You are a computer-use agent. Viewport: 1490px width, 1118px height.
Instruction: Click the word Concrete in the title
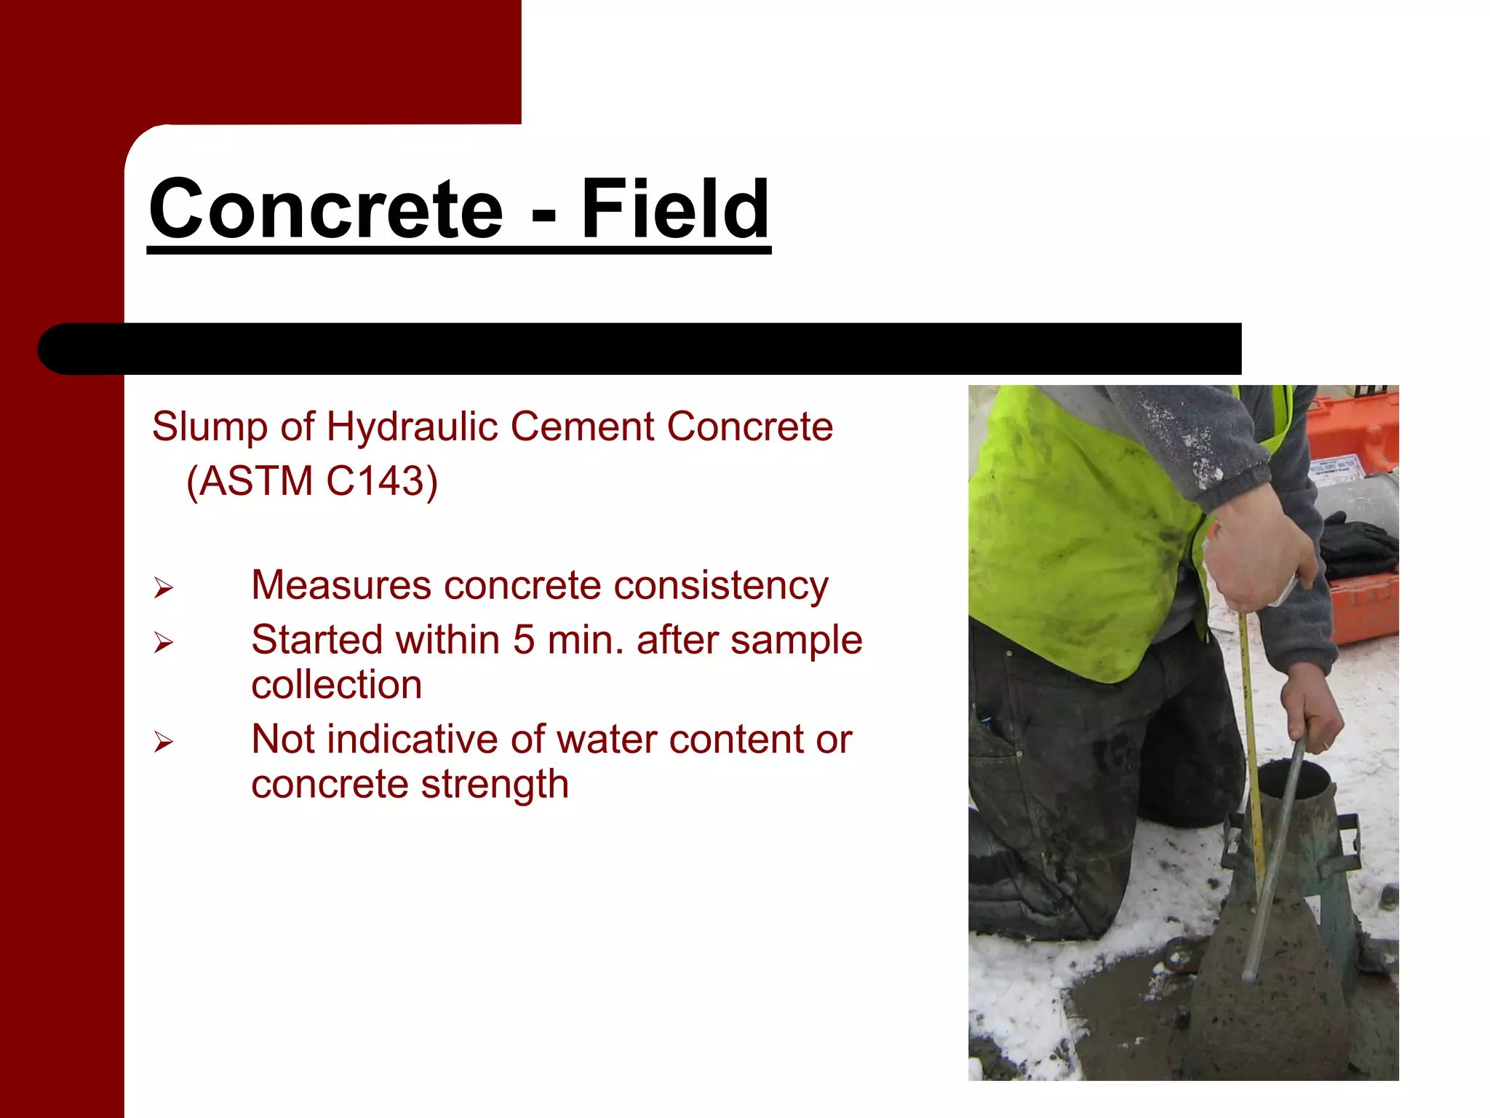click(x=326, y=209)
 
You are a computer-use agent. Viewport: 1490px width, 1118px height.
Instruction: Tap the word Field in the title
click(x=674, y=209)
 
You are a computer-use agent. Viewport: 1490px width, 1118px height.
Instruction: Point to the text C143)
click(x=381, y=481)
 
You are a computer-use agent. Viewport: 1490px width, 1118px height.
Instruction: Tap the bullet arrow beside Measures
click(x=164, y=587)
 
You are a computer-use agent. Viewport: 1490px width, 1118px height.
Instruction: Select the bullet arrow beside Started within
click(x=164, y=642)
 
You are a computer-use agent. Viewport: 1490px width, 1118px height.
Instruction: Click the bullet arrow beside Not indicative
click(x=164, y=742)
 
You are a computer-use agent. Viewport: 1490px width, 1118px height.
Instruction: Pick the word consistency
click(x=720, y=586)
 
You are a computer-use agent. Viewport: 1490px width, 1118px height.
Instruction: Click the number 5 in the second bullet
click(x=524, y=641)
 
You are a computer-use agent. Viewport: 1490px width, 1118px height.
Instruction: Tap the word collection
click(x=336, y=685)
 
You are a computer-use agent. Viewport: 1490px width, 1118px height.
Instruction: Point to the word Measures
click(x=340, y=585)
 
